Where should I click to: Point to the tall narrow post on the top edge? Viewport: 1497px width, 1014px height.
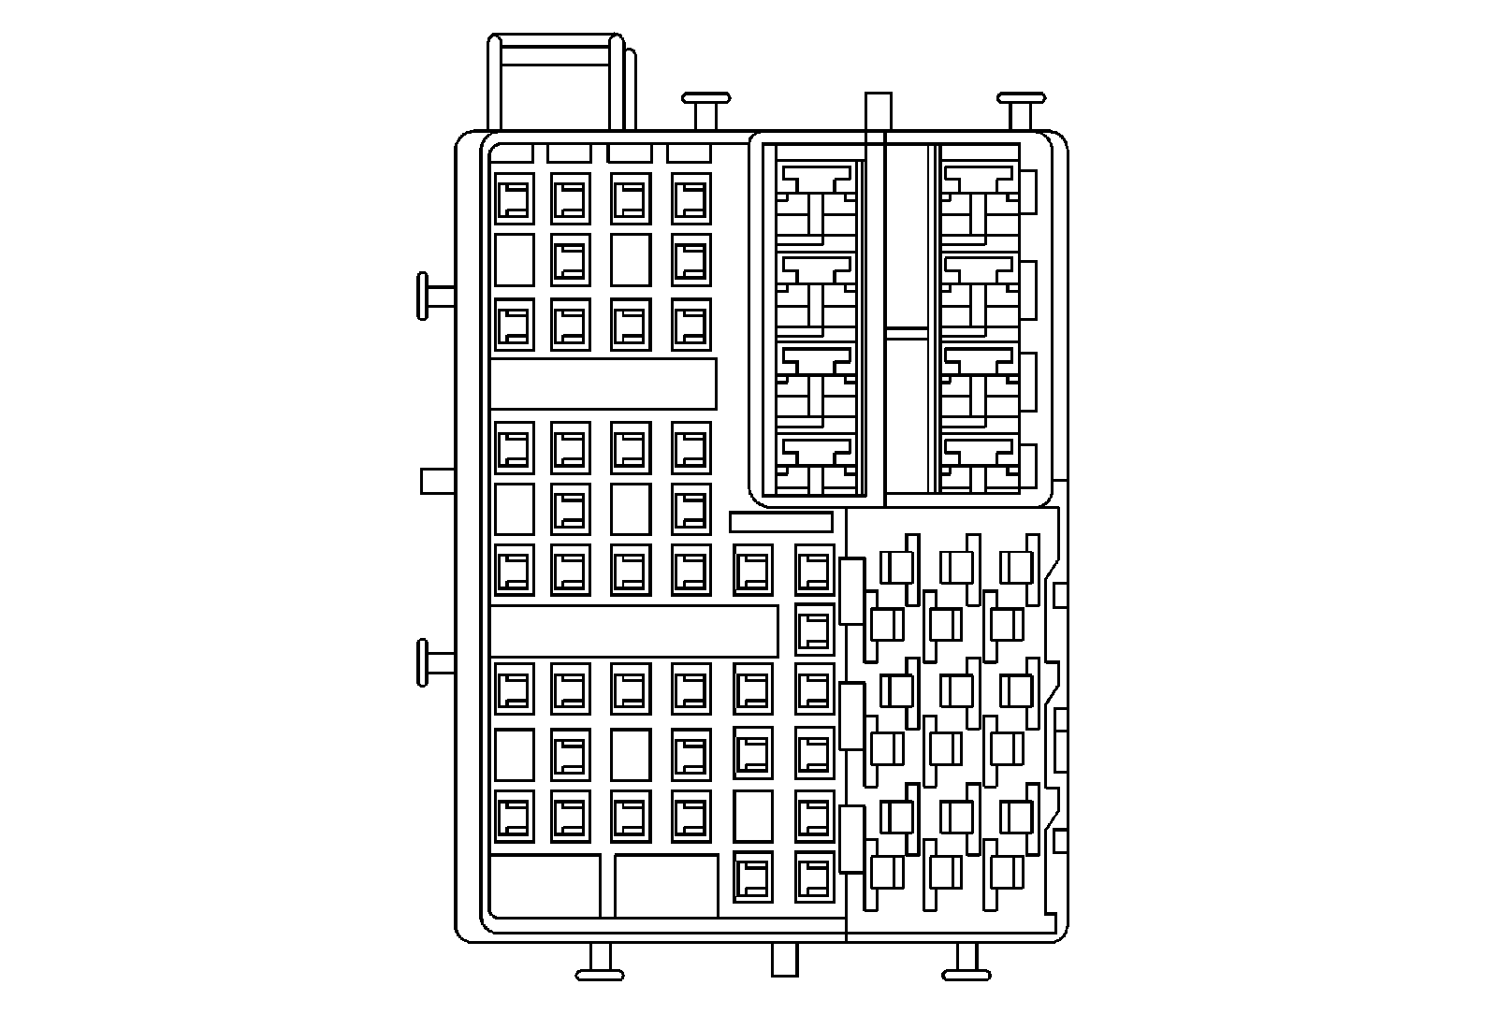pos(878,111)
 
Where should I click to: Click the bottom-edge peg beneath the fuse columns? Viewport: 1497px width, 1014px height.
pos(600,963)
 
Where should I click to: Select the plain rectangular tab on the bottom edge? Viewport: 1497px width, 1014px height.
pos(784,959)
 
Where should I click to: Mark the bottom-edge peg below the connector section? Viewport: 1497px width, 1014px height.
pos(967,963)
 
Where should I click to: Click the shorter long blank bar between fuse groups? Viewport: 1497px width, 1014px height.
pos(603,384)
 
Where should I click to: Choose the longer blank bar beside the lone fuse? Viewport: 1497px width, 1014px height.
pos(633,630)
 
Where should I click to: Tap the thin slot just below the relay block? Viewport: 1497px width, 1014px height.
pos(780,522)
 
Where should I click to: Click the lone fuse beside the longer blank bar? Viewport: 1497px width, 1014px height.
pos(814,630)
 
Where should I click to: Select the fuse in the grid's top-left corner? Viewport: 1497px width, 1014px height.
pos(514,198)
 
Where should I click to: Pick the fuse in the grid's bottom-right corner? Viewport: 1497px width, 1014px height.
pos(814,877)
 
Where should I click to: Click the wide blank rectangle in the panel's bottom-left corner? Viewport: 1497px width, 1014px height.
pos(545,886)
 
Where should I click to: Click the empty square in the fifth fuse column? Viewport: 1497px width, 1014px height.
pos(753,816)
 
